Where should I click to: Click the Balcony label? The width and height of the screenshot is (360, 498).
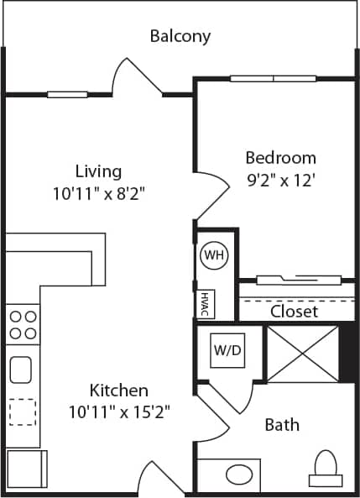tap(180, 36)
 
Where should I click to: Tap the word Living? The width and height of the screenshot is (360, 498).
tap(98, 171)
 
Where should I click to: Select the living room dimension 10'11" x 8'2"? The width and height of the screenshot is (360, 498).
tap(98, 192)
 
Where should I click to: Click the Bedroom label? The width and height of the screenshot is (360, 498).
tap(280, 157)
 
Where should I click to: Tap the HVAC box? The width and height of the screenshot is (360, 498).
tap(204, 304)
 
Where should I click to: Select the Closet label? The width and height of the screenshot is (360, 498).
tap(294, 311)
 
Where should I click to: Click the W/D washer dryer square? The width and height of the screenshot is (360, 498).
tap(227, 349)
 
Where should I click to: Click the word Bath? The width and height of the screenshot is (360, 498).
tap(282, 424)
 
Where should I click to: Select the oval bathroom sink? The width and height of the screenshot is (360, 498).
tap(240, 474)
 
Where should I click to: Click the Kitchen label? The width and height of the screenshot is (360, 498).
tap(119, 391)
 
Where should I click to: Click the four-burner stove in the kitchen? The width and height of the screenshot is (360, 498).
tap(23, 324)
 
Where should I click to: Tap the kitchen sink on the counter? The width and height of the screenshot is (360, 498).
tap(22, 369)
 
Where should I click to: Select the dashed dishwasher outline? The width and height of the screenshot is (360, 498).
tap(22, 412)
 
